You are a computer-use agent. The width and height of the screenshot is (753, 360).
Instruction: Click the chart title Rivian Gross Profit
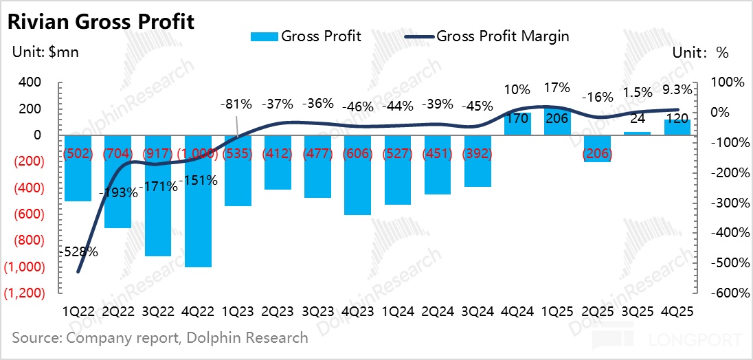[100, 21]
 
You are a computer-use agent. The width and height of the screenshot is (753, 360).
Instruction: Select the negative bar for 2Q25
[597, 148]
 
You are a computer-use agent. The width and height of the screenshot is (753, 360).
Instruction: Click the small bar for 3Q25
[637, 133]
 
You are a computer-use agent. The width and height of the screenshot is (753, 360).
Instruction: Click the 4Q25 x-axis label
[677, 311]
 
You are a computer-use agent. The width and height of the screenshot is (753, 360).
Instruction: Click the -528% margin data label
[79, 251]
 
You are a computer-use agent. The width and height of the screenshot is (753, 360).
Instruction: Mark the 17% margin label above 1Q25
[557, 88]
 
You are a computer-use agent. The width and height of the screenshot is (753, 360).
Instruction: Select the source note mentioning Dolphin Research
[160, 338]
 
